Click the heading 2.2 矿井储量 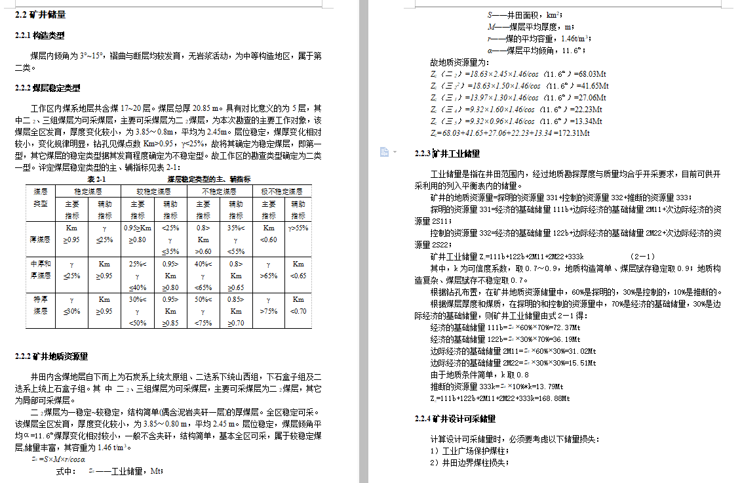tap(40, 14)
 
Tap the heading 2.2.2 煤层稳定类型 tap(47, 87)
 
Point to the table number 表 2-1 tap(96, 178)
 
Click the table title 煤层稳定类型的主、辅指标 tap(209, 178)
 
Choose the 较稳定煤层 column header tap(154, 192)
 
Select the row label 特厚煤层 tap(40, 305)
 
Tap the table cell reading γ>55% tap(298, 228)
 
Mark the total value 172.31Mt tap(572, 133)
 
